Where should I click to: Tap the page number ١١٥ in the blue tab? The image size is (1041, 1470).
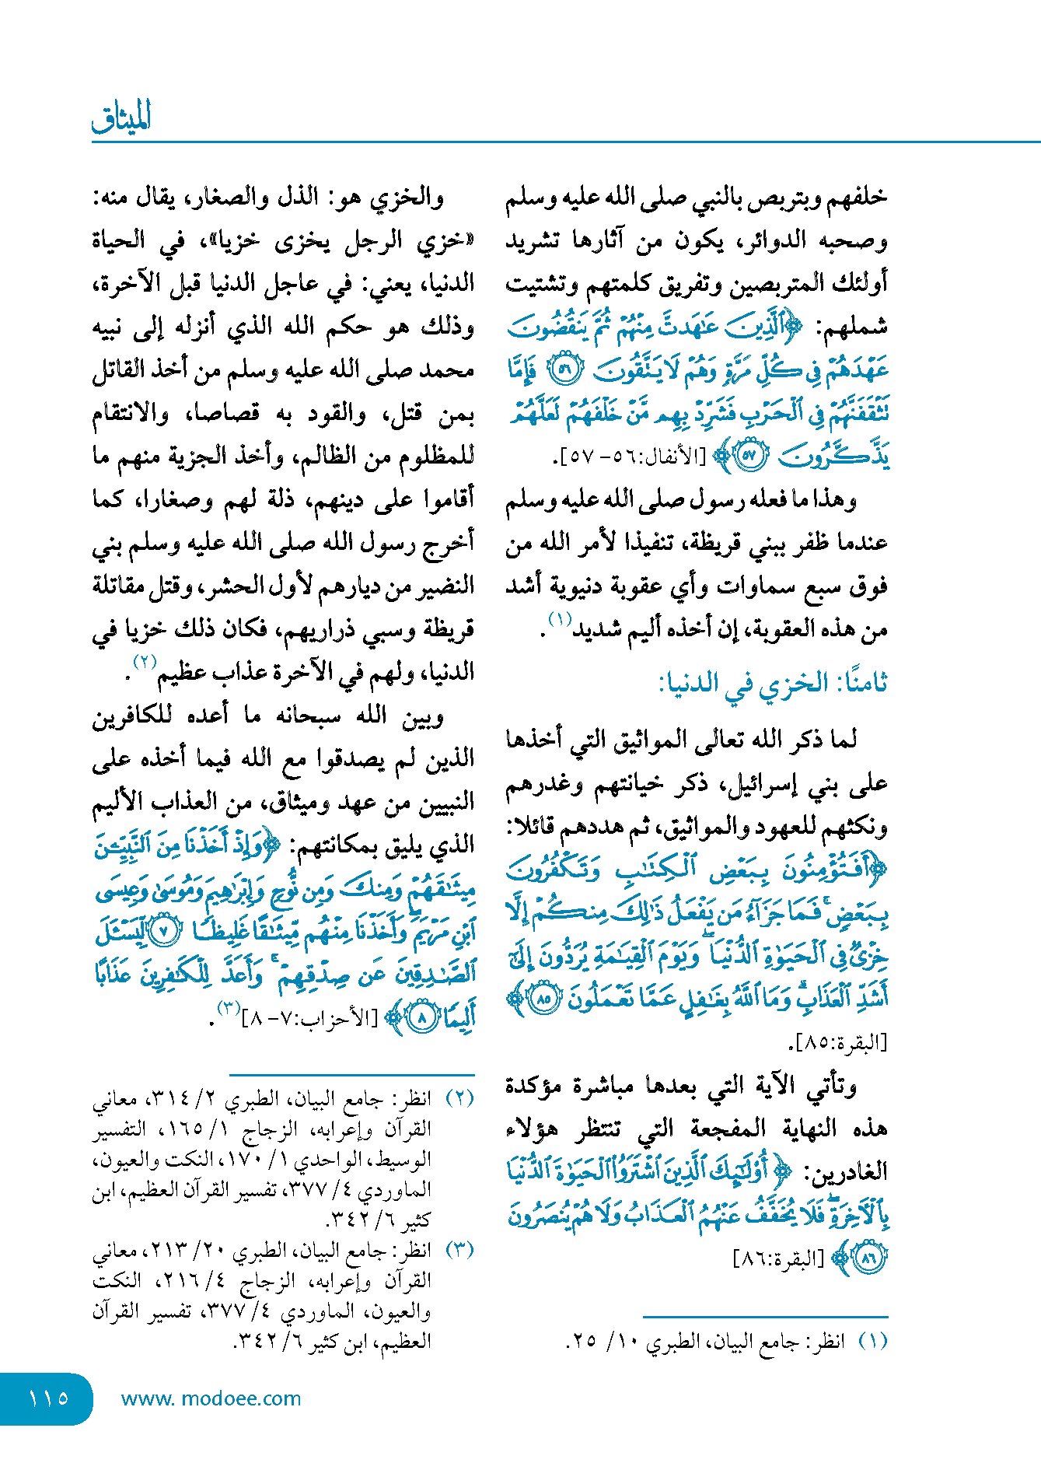(48, 1398)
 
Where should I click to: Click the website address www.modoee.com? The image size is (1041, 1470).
(211, 1398)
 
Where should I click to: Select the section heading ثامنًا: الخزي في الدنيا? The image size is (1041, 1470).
(773, 684)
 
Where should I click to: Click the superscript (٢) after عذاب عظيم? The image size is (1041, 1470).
(145, 663)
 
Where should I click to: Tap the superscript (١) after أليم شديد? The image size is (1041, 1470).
(560, 620)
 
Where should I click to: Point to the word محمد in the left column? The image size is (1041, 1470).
(446, 370)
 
